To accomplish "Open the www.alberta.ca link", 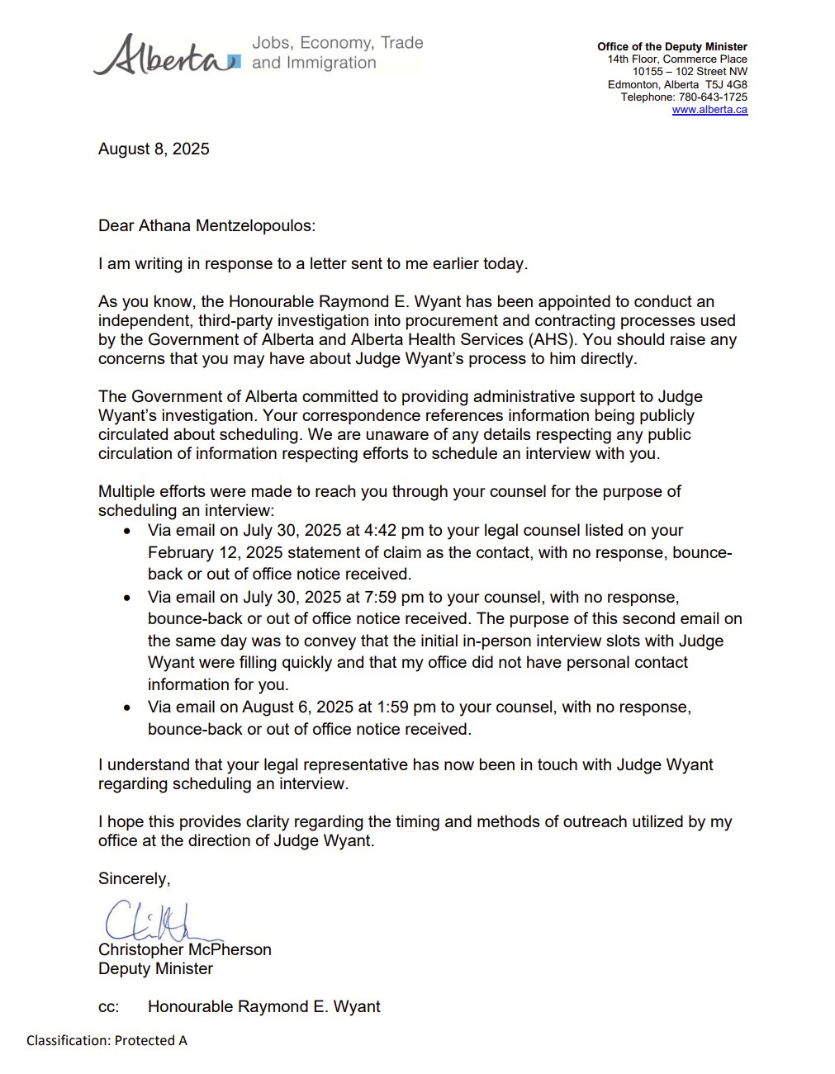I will (709, 110).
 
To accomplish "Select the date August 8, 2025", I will (154, 149).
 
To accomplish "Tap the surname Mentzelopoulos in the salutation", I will (255, 226).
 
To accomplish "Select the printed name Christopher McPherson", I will (185, 950).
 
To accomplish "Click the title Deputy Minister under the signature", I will (155, 969).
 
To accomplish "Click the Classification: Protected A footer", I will (107, 1041).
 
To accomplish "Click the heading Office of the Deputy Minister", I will (672, 47).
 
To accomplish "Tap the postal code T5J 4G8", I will (726, 85).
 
